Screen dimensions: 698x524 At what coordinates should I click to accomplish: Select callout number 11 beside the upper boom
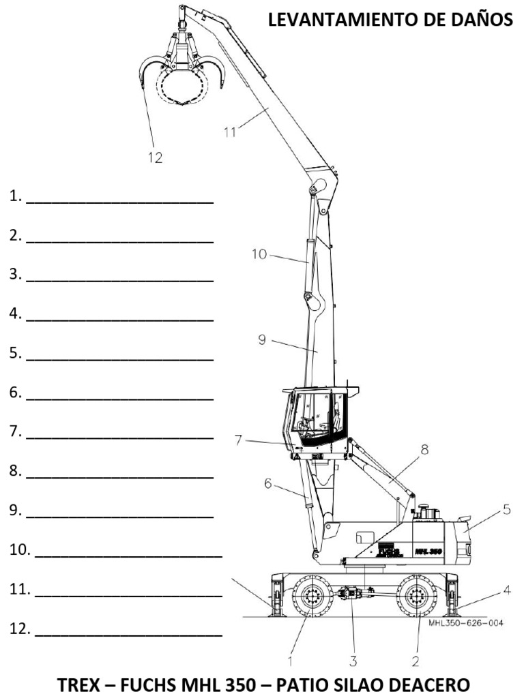point(231,132)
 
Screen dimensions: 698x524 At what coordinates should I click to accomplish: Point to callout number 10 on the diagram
point(259,255)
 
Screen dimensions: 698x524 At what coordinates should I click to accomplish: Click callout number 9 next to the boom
point(262,339)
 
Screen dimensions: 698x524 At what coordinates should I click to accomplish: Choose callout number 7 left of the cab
point(238,440)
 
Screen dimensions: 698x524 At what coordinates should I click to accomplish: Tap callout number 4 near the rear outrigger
point(507,590)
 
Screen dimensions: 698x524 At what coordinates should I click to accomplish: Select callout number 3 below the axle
point(353,660)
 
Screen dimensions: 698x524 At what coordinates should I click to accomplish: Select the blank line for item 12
point(129,635)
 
